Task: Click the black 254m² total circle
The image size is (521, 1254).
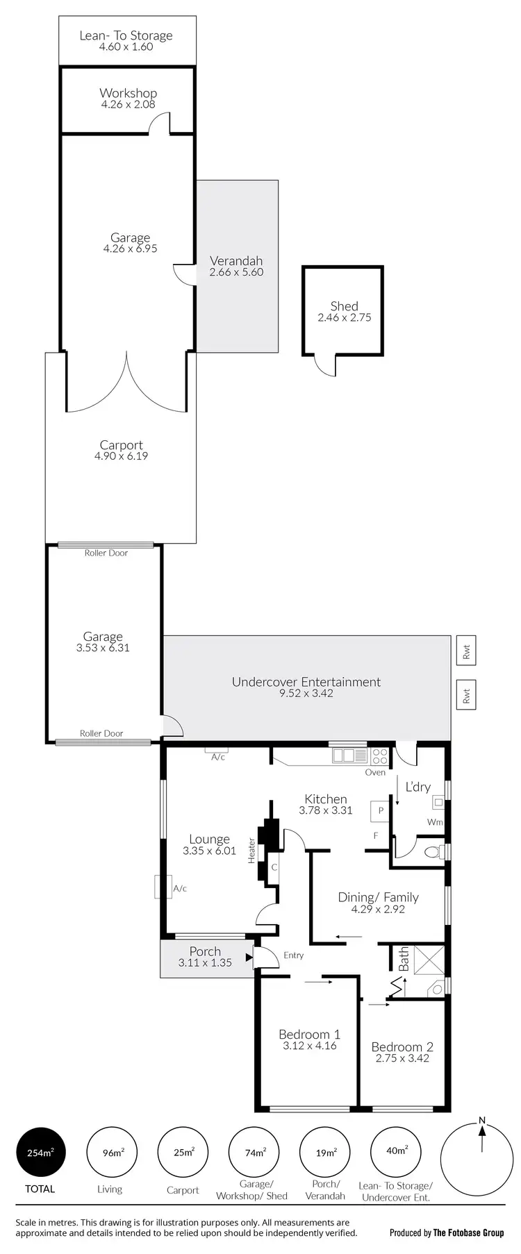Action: [x=40, y=1153]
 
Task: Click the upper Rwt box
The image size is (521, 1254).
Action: [x=466, y=651]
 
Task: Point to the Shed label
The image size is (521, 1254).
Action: [x=344, y=306]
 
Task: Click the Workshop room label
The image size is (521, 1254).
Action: [x=128, y=93]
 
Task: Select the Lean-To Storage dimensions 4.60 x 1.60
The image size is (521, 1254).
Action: [x=126, y=47]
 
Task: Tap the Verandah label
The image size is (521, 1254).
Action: [x=236, y=261]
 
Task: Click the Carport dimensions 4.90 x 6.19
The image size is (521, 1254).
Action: [x=121, y=456]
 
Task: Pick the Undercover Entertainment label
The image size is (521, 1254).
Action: [x=306, y=682]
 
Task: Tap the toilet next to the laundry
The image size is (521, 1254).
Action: [x=433, y=852]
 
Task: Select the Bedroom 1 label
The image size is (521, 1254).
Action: [x=309, y=1034]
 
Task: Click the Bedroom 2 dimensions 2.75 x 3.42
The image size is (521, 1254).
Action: [x=402, y=1058]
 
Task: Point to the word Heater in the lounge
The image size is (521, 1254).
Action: [x=251, y=851]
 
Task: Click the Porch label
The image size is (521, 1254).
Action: [x=205, y=951]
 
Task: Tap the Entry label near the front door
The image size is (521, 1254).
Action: [x=293, y=955]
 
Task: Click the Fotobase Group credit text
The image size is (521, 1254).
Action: [x=446, y=1233]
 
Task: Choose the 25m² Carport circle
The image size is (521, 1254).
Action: [x=183, y=1153]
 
